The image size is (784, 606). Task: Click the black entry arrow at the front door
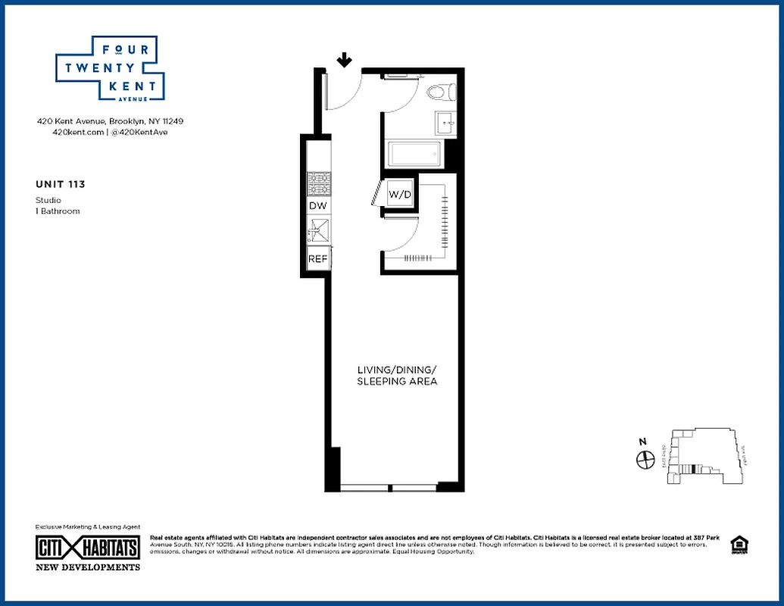345,60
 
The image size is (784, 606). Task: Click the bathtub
414,155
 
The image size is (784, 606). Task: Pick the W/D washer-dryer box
400,195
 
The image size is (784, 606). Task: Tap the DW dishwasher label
317,206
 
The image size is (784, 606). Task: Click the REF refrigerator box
317,259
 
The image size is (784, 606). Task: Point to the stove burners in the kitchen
317,184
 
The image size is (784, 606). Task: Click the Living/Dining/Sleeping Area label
397,376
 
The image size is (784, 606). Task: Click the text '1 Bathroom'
58,211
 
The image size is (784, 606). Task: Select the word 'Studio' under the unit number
48,200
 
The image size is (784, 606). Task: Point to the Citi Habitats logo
88,548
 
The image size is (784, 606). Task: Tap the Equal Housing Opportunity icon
737,545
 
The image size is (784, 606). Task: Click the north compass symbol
645,458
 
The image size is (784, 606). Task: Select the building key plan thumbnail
705,456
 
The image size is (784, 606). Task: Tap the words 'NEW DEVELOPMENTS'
88,567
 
